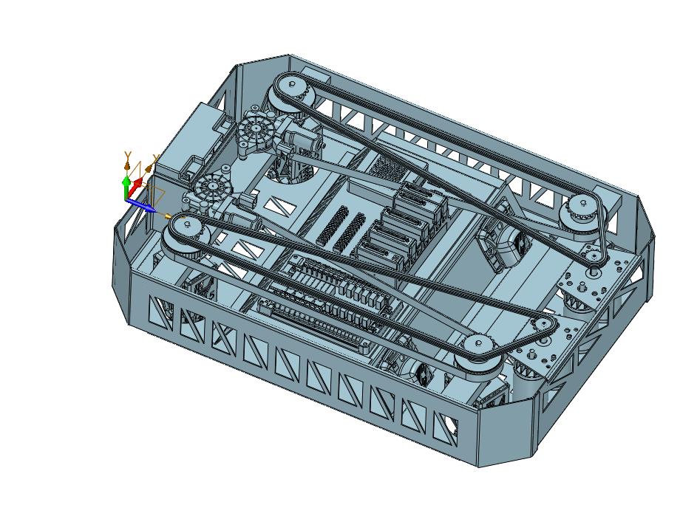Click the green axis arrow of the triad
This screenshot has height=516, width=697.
126,188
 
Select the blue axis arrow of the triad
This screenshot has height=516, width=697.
140,205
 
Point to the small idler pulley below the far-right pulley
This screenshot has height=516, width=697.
592,257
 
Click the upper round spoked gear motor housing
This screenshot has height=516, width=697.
256,130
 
